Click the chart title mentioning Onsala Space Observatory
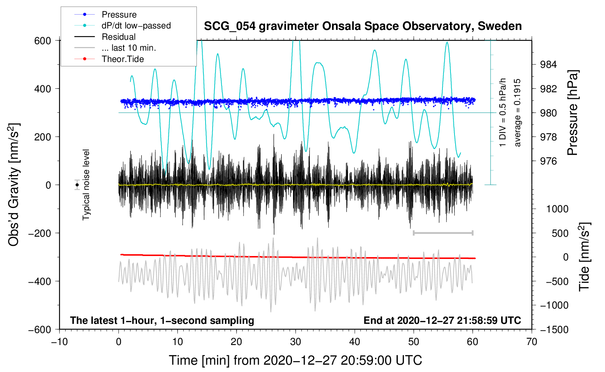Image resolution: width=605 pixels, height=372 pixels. pos(363,26)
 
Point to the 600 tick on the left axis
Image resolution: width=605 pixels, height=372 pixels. pos(42,41)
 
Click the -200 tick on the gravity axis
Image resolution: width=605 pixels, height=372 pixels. pos(40,233)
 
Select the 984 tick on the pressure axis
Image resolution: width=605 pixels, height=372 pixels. pos(548,65)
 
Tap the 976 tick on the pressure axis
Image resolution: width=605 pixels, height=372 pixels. pos(548,162)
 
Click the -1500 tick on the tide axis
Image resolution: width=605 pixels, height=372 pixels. pos(554,330)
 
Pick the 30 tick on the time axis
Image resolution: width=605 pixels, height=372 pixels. pos(296,342)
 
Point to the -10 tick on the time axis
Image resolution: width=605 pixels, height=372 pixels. pos(59,342)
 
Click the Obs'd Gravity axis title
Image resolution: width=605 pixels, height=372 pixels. pos(14,185)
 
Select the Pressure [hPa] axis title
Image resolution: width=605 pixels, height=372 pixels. pos(573,113)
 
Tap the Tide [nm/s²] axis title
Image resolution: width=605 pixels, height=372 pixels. pos(584,257)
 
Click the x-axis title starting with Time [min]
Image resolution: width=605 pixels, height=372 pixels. pos(296,360)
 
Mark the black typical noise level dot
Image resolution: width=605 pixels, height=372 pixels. pos(77,185)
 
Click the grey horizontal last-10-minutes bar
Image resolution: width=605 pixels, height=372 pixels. pos(443,233)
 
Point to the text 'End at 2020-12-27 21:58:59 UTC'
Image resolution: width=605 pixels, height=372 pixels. pos(442,320)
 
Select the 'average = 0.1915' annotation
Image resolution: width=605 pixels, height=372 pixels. pos(517,113)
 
